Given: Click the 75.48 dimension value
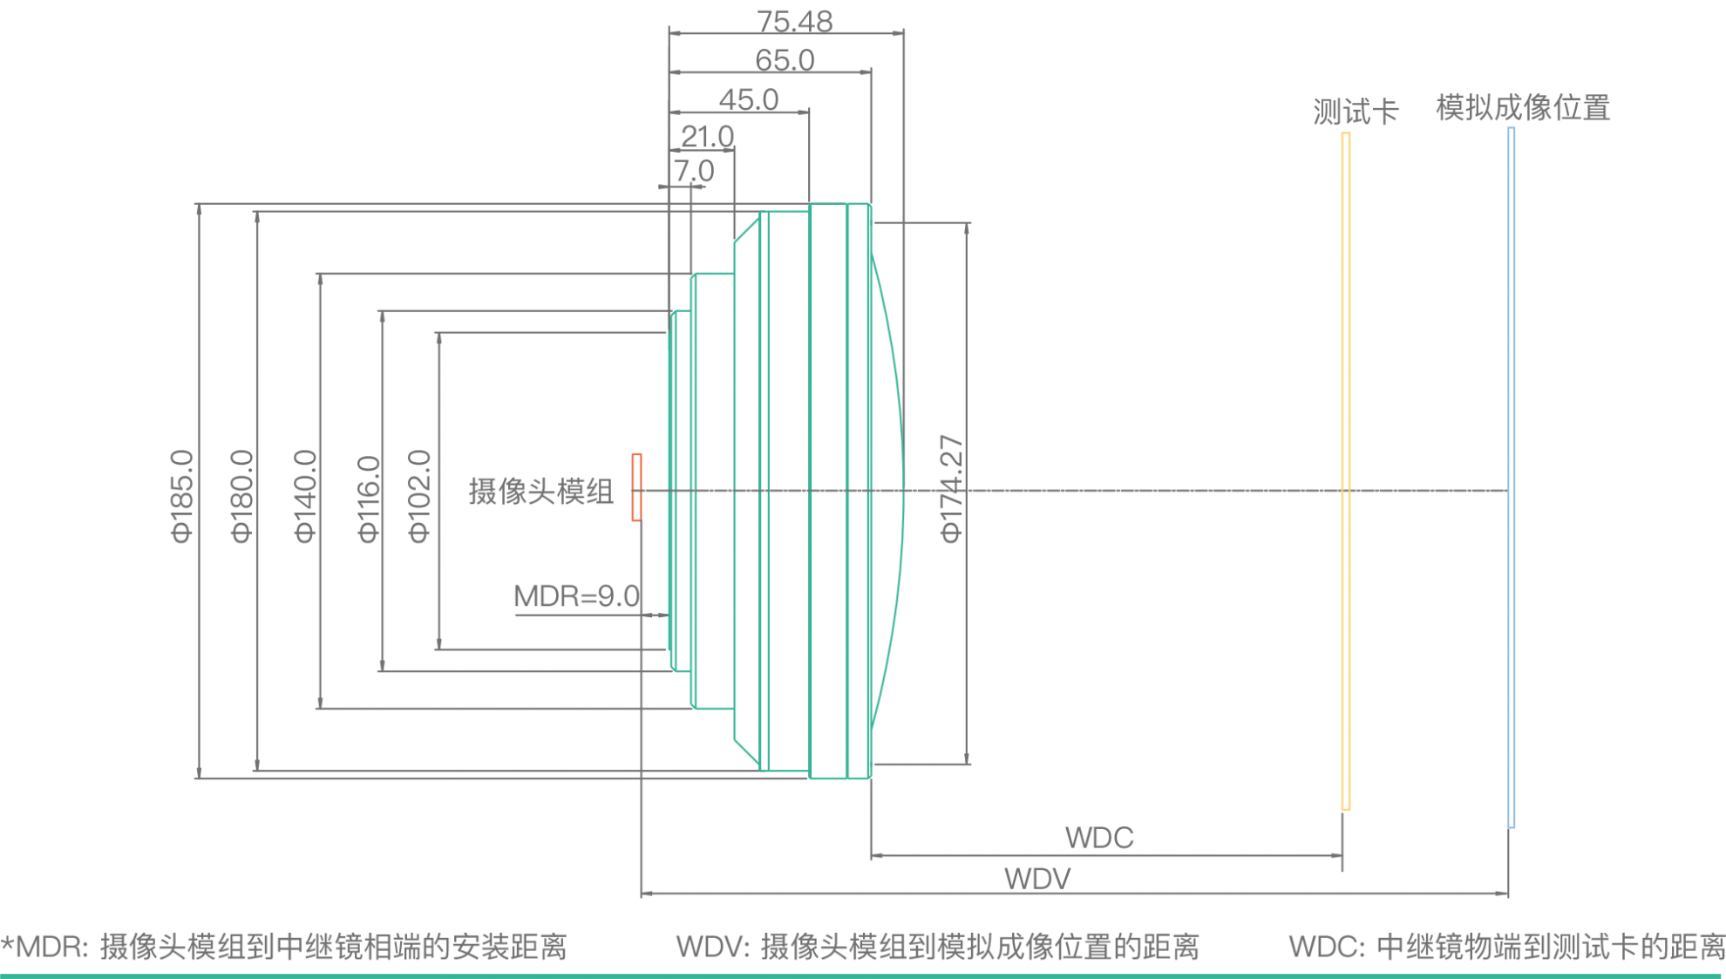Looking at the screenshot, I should click(x=794, y=21).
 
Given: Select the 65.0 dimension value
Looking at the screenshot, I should click(x=785, y=60).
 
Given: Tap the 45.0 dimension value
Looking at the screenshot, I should click(x=748, y=99).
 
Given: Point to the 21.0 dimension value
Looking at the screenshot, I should click(x=707, y=137).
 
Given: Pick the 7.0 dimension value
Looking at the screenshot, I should click(x=694, y=171).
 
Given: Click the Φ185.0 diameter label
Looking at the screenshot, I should click(x=182, y=496).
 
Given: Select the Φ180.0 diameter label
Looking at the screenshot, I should click(x=241, y=496).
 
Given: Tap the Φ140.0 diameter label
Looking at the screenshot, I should click(x=305, y=496).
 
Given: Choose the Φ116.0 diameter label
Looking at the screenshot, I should click(x=369, y=499).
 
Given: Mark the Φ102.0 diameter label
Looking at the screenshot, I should click(x=419, y=496).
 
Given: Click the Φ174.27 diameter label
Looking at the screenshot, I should click(x=952, y=489).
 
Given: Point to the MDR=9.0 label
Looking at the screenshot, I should click(x=577, y=597).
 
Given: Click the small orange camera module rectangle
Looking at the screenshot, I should click(x=637, y=487).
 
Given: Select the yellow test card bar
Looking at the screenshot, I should click(x=1346, y=471).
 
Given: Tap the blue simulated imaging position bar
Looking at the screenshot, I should click(x=1512, y=477).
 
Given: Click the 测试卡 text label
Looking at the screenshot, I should click(x=1356, y=112).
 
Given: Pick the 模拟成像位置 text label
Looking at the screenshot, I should click(x=1523, y=108).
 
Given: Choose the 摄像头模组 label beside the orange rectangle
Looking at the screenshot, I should click(x=540, y=492).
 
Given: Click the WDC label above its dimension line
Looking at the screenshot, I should click(x=1099, y=838).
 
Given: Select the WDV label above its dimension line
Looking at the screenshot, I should click(x=1037, y=878).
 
